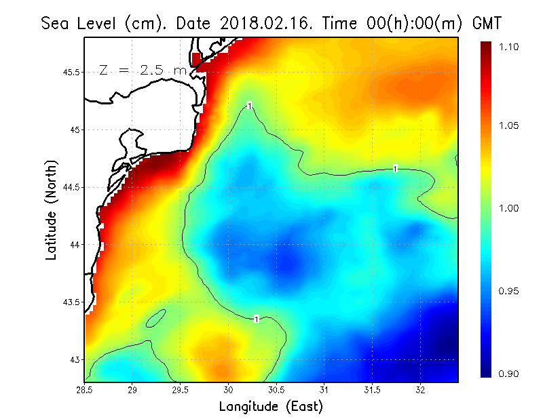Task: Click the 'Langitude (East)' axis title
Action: click(x=271, y=407)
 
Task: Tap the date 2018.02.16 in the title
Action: click(x=263, y=24)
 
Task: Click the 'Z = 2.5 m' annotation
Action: click(x=143, y=70)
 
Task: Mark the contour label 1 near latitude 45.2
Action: click(x=250, y=105)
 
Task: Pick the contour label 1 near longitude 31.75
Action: click(x=395, y=168)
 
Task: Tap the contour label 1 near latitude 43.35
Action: click(x=256, y=319)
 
